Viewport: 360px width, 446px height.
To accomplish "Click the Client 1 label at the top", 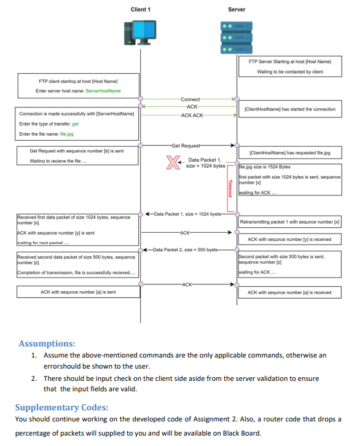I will (x=140, y=9).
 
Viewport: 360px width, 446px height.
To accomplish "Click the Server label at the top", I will (x=236, y=9).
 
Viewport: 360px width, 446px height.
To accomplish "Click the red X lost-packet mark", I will (x=174, y=163).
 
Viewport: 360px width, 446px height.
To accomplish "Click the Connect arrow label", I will (x=190, y=99).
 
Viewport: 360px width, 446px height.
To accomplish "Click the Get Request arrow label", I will (x=186, y=146).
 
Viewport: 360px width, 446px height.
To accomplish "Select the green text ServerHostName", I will (x=103, y=91).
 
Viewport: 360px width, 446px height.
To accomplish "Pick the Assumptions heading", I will (x=47, y=343).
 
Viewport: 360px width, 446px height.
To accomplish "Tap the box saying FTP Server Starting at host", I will (x=290, y=66).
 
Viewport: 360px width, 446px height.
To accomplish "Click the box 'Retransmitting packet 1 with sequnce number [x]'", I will (x=289, y=221).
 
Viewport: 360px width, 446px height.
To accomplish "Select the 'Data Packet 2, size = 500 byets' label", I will (x=185, y=250).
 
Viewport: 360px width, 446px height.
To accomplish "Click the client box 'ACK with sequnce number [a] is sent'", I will (x=78, y=292).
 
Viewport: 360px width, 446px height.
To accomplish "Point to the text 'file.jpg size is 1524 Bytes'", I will (x=265, y=166).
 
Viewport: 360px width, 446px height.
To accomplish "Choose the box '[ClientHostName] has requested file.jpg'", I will (x=289, y=152).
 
